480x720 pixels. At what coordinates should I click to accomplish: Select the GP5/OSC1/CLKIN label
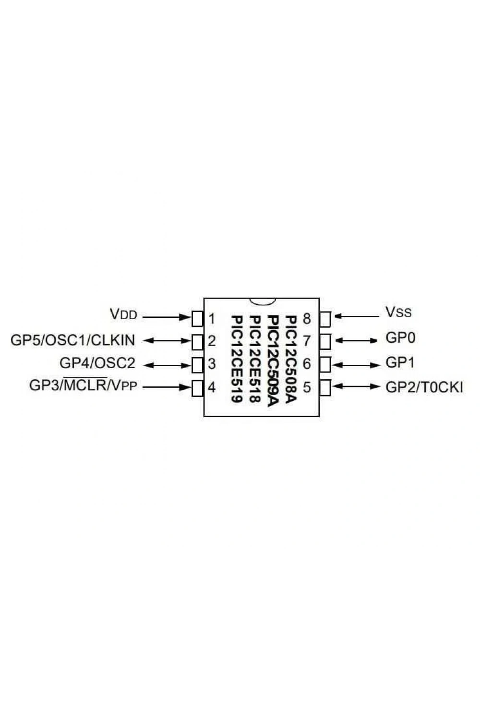coord(72,340)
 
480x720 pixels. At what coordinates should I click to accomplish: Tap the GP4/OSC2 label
coord(97,363)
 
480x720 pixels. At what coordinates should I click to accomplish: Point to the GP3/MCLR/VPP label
coord(83,385)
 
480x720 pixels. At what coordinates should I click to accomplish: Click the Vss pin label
coord(398,312)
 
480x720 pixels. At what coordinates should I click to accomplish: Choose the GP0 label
coord(400,338)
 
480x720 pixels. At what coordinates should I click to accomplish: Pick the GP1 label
coord(400,362)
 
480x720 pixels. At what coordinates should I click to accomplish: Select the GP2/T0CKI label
coord(424,388)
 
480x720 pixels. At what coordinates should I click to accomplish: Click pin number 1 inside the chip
coord(212,319)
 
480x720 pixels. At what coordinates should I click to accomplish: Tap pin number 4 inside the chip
coord(212,388)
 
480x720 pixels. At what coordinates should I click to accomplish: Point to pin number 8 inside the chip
coord(307,319)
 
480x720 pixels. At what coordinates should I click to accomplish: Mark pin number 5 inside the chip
coord(307,387)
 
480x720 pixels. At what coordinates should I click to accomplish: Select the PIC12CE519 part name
coord(236,359)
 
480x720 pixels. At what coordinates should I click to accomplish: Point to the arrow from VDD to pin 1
coord(167,317)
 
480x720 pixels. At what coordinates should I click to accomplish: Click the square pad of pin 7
coord(325,341)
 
